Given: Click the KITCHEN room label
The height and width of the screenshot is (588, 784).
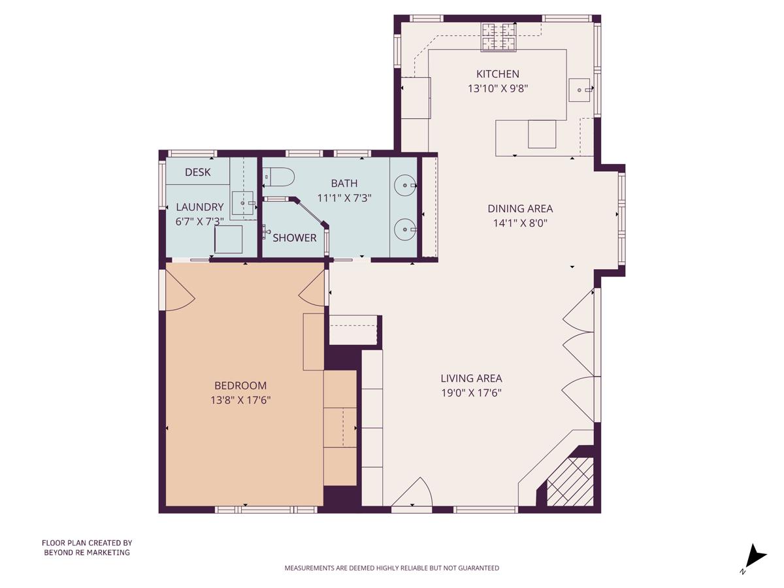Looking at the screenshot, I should click(x=497, y=74).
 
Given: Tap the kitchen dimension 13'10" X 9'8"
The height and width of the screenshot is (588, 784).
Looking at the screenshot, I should click(x=497, y=89).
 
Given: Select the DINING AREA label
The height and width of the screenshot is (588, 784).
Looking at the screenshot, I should click(x=520, y=209).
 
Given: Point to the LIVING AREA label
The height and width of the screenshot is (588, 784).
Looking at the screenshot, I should click(x=471, y=378).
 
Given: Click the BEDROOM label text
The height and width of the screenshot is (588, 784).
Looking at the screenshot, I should click(x=240, y=386).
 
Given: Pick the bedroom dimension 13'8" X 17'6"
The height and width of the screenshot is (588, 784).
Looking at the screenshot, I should click(x=240, y=400).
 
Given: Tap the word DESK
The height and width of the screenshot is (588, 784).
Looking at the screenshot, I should click(x=197, y=172).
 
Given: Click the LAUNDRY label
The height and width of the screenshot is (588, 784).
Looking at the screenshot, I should click(x=200, y=207).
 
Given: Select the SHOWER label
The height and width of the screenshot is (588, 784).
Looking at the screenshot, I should click(x=295, y=238).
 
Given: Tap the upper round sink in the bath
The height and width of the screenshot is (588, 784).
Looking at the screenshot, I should click(x=406, y=186).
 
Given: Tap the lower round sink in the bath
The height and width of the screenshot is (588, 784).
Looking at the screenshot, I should click(x=406, y=229).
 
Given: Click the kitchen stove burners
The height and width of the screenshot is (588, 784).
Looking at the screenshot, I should click(x=498, y=37).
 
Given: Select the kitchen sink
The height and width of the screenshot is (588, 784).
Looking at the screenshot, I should click(x=579, y=90).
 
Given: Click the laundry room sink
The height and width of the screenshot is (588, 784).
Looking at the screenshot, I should click(x=242, y=203).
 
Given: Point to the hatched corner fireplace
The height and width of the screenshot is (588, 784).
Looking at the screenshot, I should click(x=570, y=482).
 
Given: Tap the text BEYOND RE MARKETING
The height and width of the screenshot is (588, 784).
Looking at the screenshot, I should click(x=87, y=553).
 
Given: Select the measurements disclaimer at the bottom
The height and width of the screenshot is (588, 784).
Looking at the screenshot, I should click(x=391, y=568).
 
